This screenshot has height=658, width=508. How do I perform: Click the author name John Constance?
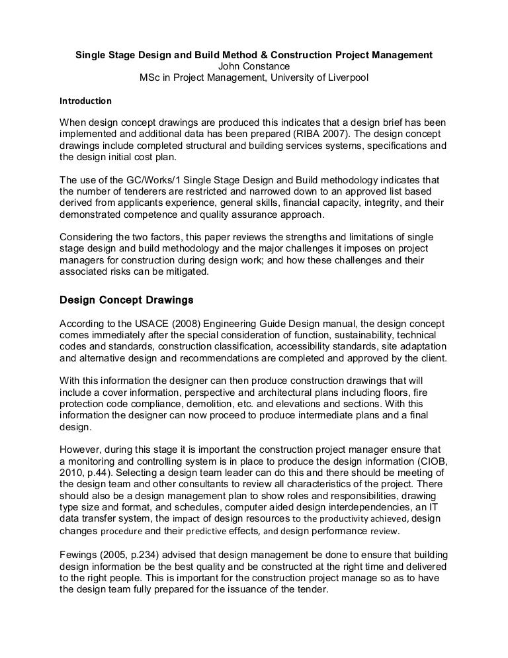253,66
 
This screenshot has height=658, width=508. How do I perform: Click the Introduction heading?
86,102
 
